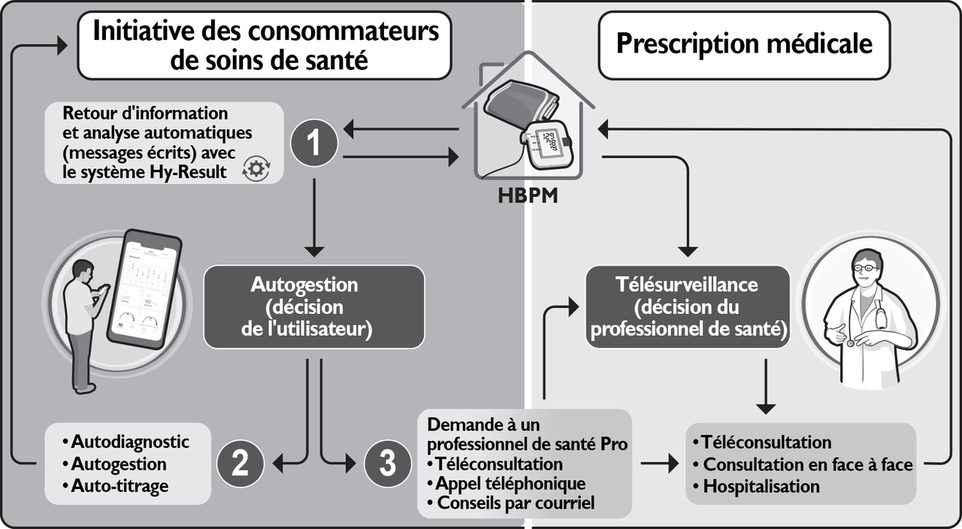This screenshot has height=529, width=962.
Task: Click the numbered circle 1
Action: pyautogui.click(x=313, y=144)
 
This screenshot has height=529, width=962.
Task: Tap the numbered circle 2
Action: pyautogui.click(x=240, y=464)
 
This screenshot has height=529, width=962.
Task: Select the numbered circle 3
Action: pyautogui.click(x=387, y=464)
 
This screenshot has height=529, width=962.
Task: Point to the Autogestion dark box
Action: pyautogui.click(x=314, y=307)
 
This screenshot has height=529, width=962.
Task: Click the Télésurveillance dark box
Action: pyautogui.click(x=688, y=307)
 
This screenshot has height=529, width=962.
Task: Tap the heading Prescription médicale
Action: pyautogui.click(x=744, y=44)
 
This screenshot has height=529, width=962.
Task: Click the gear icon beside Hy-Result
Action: pyautogui.click(x=256, y=169)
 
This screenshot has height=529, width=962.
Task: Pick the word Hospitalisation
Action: pyautogui.click(x=761, y=486)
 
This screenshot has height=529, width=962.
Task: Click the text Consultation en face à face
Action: pyautogui.click(x=808, y=464)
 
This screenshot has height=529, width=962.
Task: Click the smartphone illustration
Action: pyautogui.click(x=147, y=286)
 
